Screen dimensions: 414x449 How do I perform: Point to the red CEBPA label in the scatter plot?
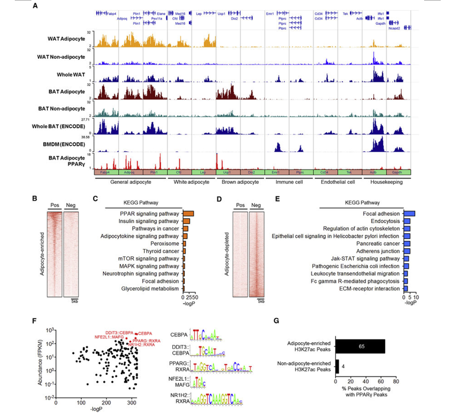click(146, 333)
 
